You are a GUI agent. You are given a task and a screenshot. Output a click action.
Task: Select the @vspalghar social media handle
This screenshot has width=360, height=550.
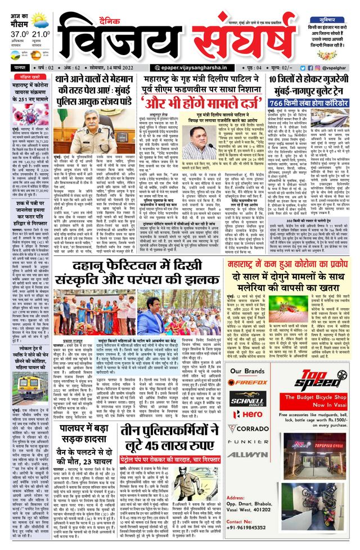pyautogui.click(x=338, y=67)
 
